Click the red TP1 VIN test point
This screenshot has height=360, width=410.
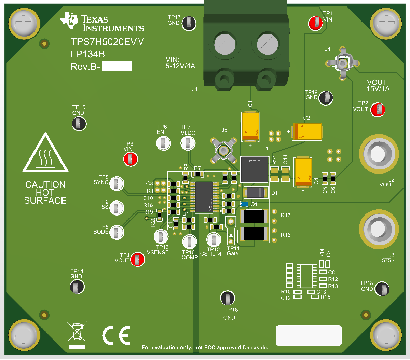315,23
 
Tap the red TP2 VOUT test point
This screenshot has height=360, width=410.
378,110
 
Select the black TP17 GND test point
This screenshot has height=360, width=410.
189,23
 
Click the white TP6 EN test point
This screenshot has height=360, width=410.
164,143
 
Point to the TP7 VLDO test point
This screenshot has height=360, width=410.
188,143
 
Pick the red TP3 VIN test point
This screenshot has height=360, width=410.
131,159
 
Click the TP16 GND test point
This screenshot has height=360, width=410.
228,298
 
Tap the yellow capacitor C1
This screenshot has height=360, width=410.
250,126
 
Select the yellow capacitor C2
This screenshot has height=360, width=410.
307,131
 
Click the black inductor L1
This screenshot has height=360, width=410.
254,169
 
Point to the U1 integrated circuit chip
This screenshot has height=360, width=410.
204,196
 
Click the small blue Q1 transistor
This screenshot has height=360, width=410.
244,204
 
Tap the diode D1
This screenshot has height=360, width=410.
255,193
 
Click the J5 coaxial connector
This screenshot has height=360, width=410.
224,150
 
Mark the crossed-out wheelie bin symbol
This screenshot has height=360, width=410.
77,332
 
